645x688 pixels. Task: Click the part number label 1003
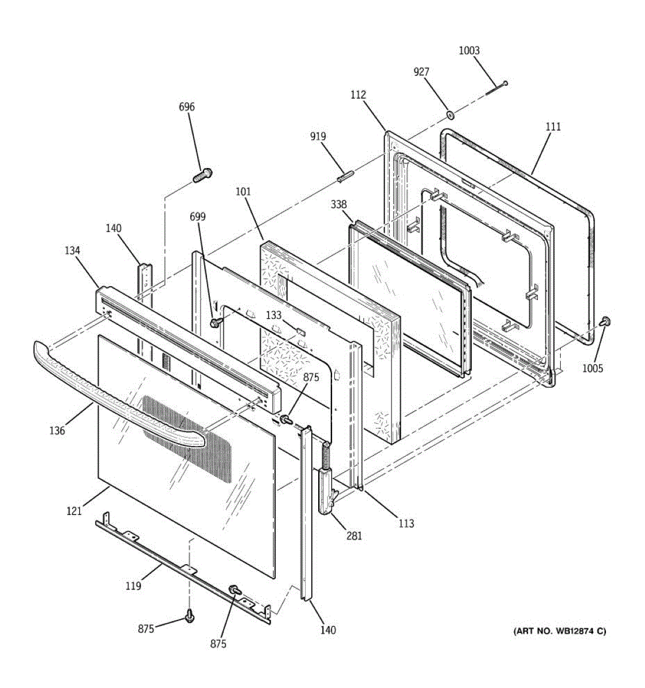(x=469, y=50)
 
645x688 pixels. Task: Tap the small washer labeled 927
(x=450, y=114)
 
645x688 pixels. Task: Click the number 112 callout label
(x=358, y=95)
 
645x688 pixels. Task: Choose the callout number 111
(x=553, y=127)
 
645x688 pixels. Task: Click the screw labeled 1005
(x=605, y=322)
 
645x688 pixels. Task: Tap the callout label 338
(x=339, y=204)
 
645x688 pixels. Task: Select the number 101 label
(x=243, y=191)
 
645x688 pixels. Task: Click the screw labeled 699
(x=215, y=323)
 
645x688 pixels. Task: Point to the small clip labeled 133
(x=301, y=332)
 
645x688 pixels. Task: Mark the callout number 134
(x=72, y=251)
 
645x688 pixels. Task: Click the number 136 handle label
(x=57, y=431)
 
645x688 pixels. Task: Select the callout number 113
(x=406, y=523)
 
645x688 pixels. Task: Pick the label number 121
(x=74, y=511)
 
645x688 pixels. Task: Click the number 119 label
(x=134, y=586)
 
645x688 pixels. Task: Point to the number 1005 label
(x=592, y=368)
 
